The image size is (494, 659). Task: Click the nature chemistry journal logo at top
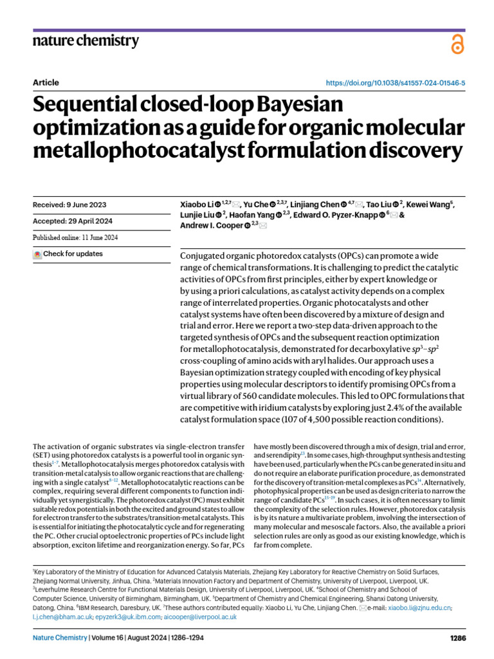tap(85, 41)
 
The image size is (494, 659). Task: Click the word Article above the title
tap(45, 83)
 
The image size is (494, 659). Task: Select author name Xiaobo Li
tap(197, 205)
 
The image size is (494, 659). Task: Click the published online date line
tap(75, 237)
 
